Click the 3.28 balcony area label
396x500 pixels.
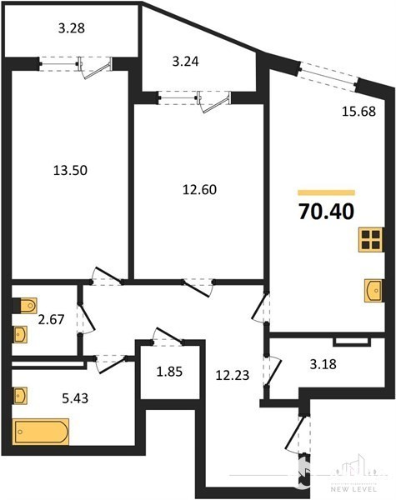pyautogui.click(x=72, y=28)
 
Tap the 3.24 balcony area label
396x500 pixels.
pyautogui.click(x=185, y=61)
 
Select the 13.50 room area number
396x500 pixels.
pyautogui.click(x=70, y=170)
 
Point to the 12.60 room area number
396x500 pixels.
pyautogui.click(x=199, y=189)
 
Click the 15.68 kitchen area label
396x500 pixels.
pyautogui.click(x=358, y=112)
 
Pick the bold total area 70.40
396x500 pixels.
pyautogui.click(x=326, y=212)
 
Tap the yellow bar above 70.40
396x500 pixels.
pyautogui.click(x=326, y=192)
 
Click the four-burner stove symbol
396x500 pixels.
pyautogui.click(x=371, y=240)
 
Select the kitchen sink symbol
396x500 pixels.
pyautogui.click(x=373, y=291)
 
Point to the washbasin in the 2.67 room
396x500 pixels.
pyautogui.click(x=20, y=334)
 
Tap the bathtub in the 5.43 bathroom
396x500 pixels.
pyautogui.click(x=41, y=432)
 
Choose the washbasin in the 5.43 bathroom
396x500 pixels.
pyautogui.click(x=20, y=396)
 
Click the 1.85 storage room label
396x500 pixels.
pyautogui.click(x=169, y=372)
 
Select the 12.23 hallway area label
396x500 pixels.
pyautogui.click(x=233, y=375)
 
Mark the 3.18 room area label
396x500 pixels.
pyautogui.click(x=323, y=364)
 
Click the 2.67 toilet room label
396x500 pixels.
pyautogui.click(x=51, y=319)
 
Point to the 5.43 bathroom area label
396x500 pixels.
pyautogui.click(x=75, y=398)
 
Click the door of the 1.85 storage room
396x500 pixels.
pyautogui.click(x=168, y=337)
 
